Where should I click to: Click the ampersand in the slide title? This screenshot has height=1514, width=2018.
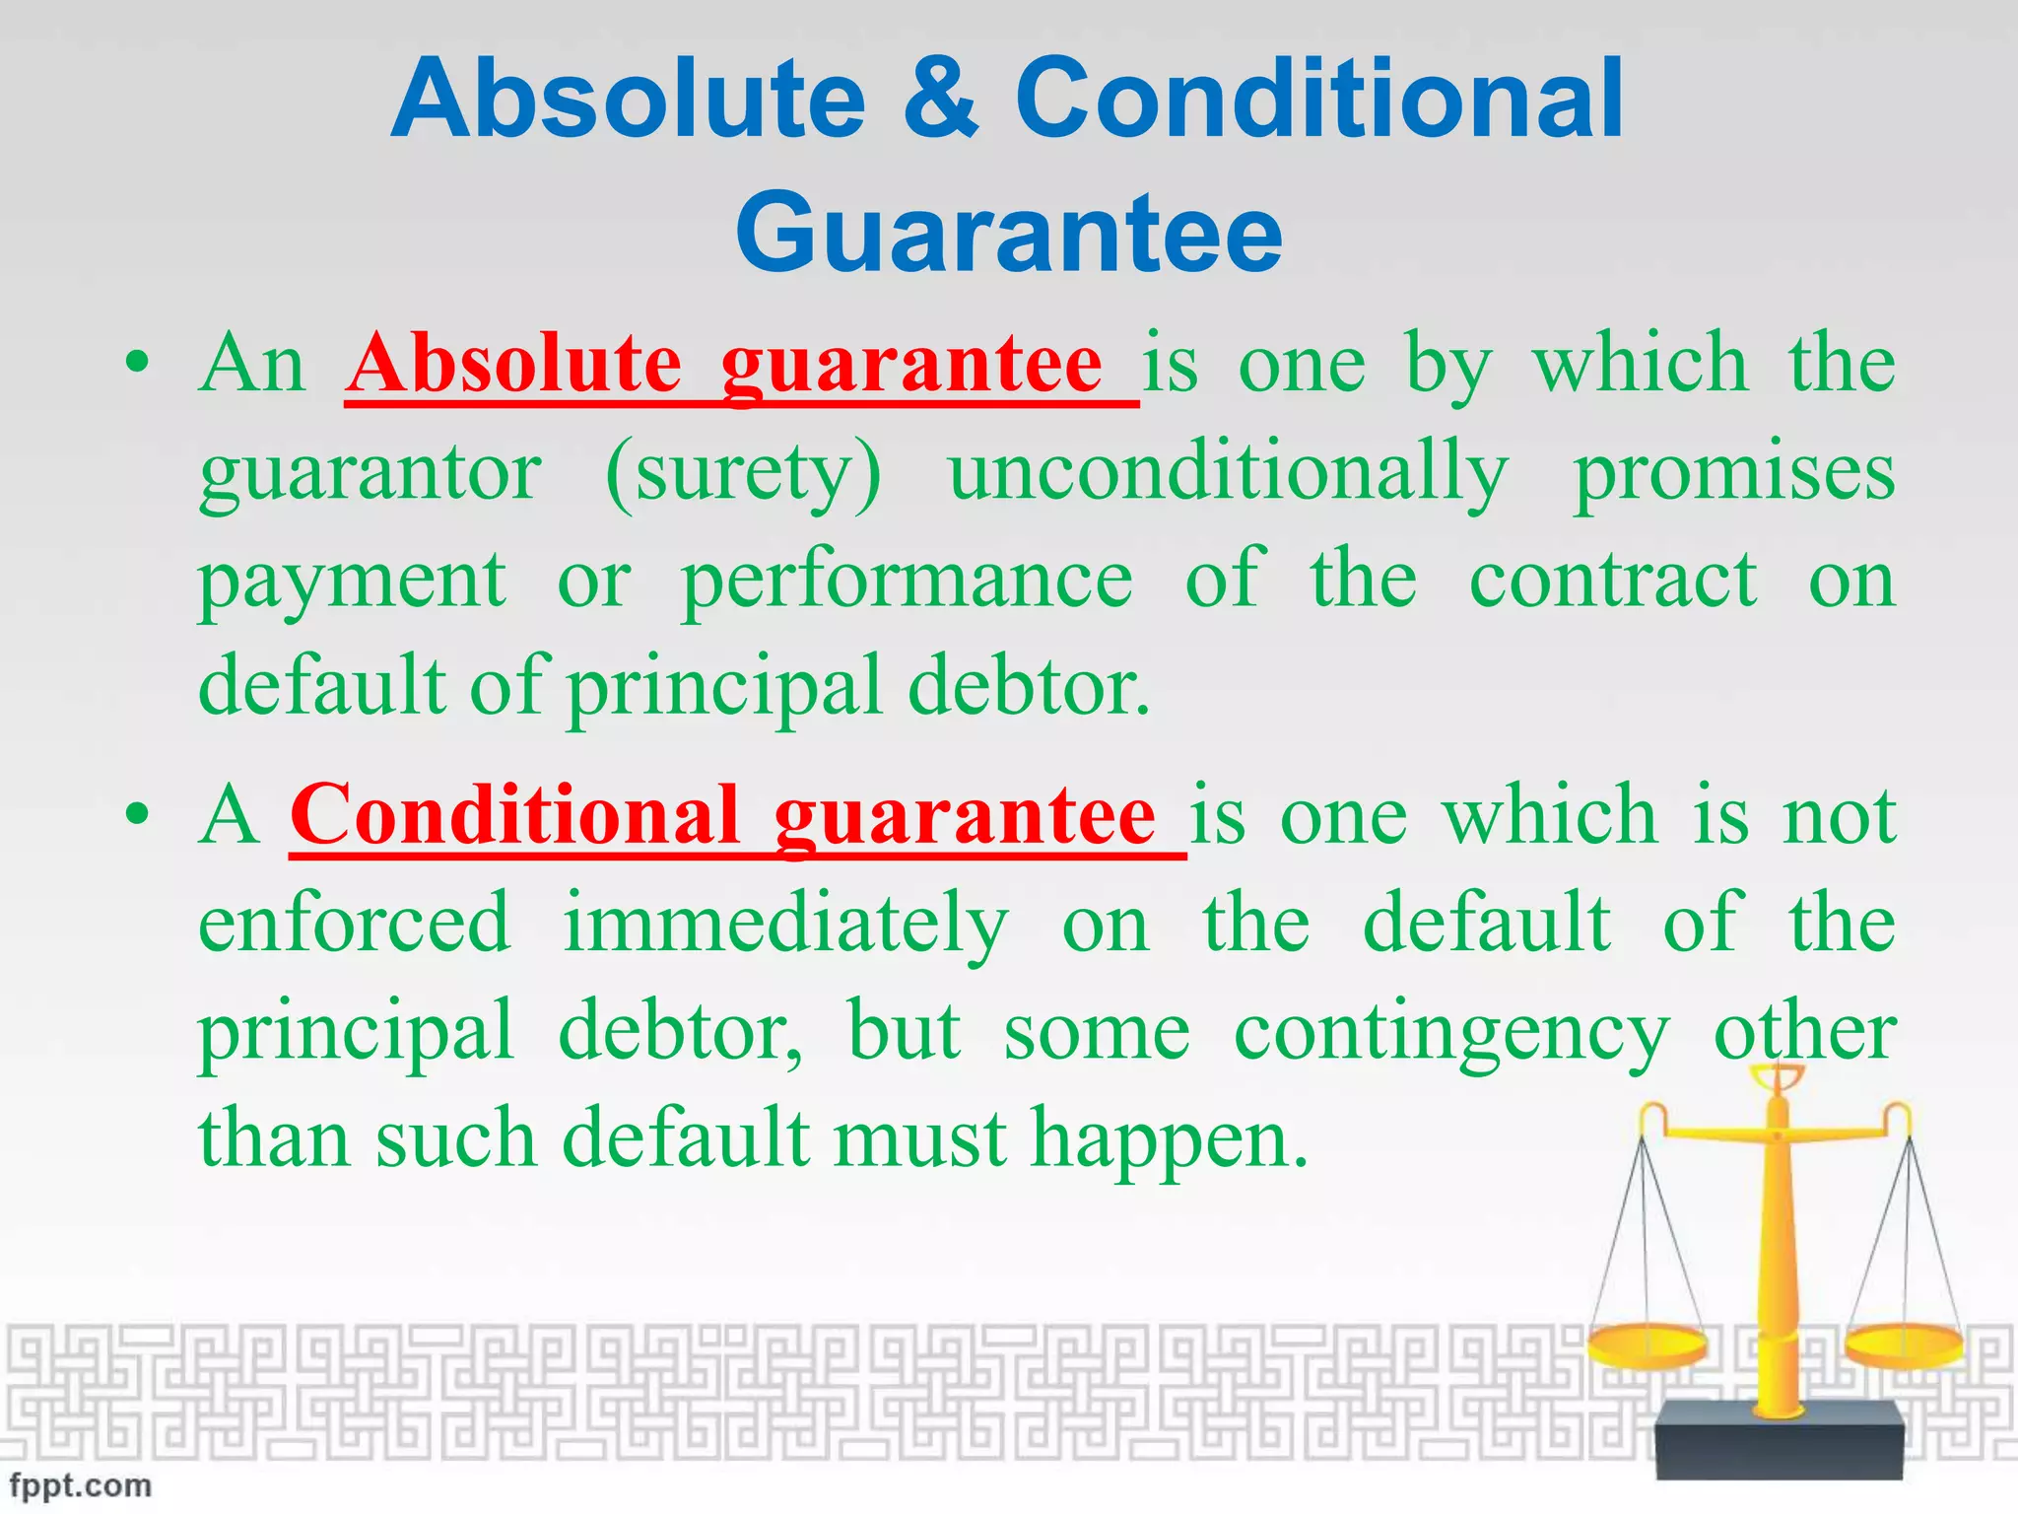click(x=940, y=100)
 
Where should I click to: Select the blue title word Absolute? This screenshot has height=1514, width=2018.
click(x=628, y=100)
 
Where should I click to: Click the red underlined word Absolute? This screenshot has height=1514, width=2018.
click(x=514, y=365)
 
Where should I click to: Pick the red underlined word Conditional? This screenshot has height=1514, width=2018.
click(x=513, y=816)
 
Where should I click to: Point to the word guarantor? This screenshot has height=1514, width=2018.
click(x=370, y=473)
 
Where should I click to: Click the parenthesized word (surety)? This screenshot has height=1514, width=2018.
click(x=744, y=473)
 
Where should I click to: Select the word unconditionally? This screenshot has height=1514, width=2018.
click(x=1228, y=473)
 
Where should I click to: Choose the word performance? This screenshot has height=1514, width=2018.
click(x=907, y=582)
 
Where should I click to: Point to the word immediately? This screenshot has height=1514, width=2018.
click(x=785, y=925)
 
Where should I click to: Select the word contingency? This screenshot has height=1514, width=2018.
click(x=1451, y=1033)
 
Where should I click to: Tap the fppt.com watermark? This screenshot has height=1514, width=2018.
click(x=81, y=1485)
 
